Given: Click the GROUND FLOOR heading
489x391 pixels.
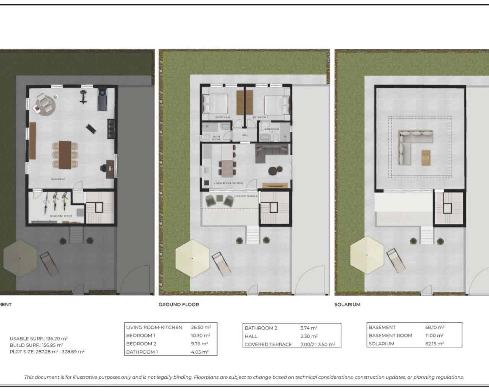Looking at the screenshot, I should click(x=179, y=304).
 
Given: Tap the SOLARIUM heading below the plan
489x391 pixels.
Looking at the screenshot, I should click(x=347, y=304).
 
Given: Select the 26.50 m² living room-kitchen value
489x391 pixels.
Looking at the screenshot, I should click(x=201, y=327).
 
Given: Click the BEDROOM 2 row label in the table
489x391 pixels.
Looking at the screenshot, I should click(x=141, y=344).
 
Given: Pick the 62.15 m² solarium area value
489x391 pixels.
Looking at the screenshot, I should click(x=434, y=344).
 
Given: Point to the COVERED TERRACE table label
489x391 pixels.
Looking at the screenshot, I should click(x=268, y=344).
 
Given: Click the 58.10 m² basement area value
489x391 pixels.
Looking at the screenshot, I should click(x=434, y=327).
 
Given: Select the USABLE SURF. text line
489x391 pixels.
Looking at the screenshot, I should click(x=39, y=338).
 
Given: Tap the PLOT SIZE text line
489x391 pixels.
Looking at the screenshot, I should click(x=47, y=352).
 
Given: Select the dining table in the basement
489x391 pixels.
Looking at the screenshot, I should click(x=65, y=154).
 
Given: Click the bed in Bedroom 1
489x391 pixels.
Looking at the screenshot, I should click(x=215, y=104).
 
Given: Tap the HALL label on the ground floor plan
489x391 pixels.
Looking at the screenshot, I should click(x=245, y=135).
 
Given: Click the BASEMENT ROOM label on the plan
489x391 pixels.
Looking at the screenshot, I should click(x=61, y=216).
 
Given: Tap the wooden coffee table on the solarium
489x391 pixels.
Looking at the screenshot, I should click(x=426, y=158).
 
